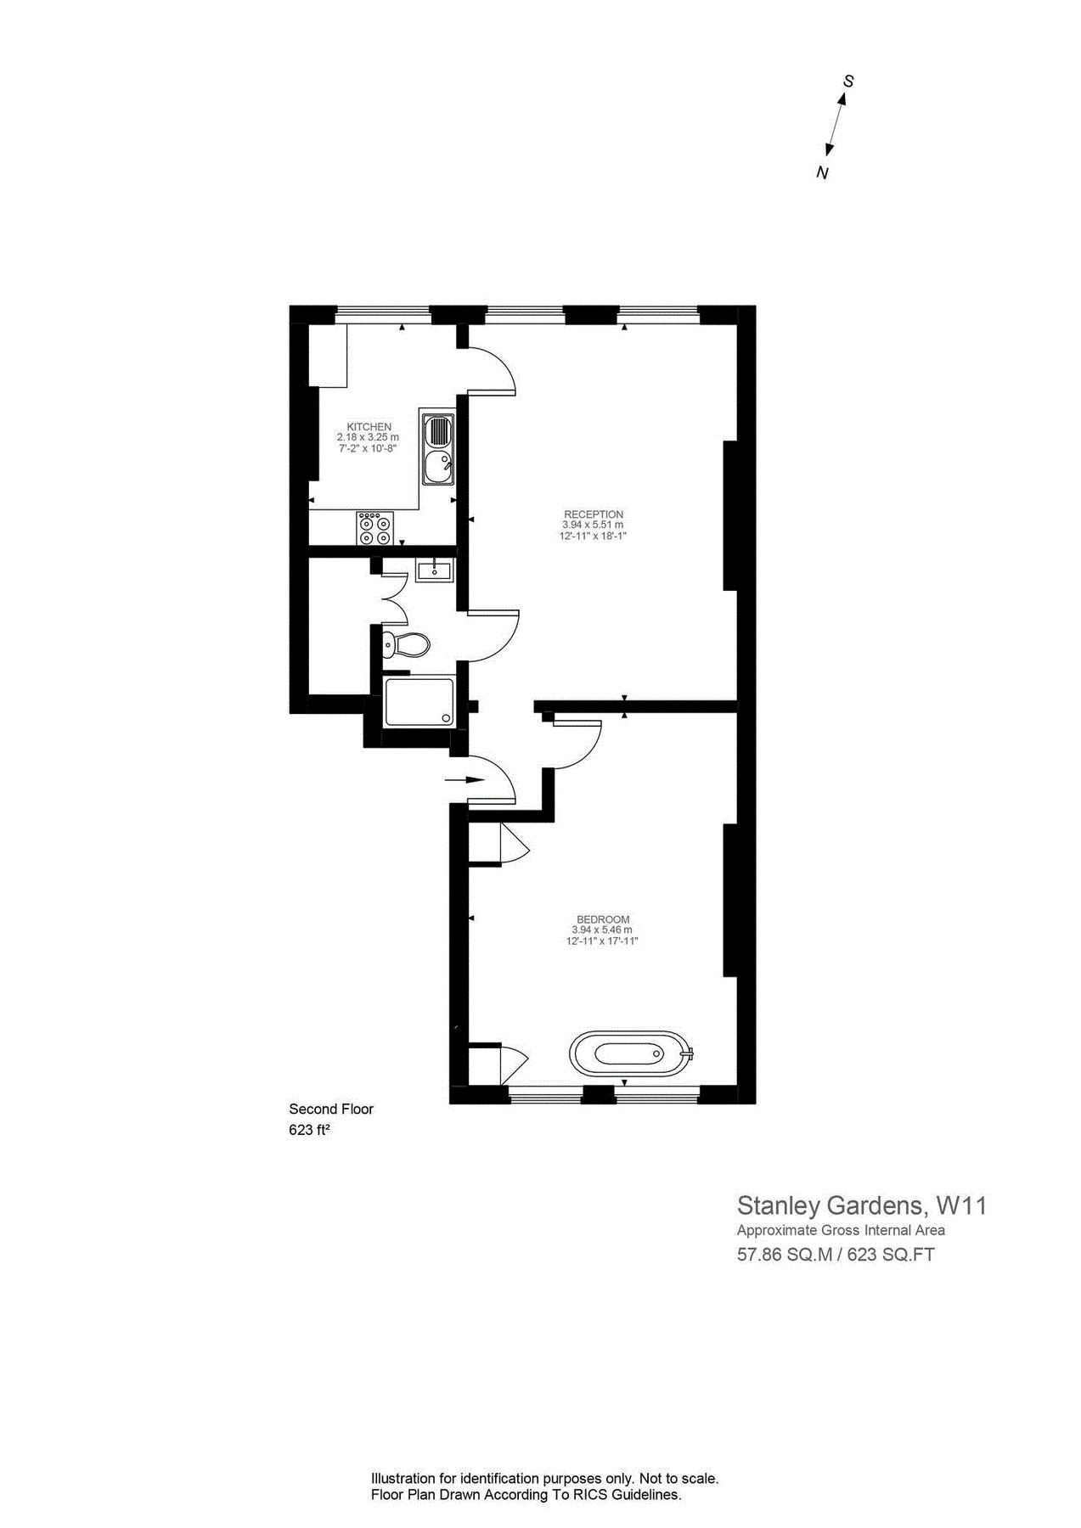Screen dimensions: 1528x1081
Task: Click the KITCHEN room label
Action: [x=369, y=426]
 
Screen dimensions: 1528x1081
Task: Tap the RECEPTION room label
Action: [x=594, y=514]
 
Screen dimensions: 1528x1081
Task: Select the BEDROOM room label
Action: [x=603, y=919]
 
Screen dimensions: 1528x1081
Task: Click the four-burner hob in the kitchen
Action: [x=374, y=527]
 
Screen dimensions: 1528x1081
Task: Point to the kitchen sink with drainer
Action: [x=438, y=447]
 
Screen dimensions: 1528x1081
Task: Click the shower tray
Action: [x=419, y=701]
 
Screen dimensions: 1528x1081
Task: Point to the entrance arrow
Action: [x=463, y=779]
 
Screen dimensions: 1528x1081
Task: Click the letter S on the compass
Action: [x=847, y=81]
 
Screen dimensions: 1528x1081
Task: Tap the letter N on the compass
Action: [x=821, y=173]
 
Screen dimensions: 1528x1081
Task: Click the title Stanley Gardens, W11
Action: [x=861, y=1205]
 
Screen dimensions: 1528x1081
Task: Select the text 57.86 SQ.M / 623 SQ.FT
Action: [x=836, y=1255]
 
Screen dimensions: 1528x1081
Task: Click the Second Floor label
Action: [x=331, y=1109]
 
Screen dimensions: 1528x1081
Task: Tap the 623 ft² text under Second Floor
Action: [x=309, y=1130]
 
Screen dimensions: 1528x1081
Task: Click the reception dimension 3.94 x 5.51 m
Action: [x=594, y=525]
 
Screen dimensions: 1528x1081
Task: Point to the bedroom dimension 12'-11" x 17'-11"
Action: [x=603, y=941]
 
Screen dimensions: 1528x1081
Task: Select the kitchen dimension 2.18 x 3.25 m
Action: [x=368, y=437]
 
